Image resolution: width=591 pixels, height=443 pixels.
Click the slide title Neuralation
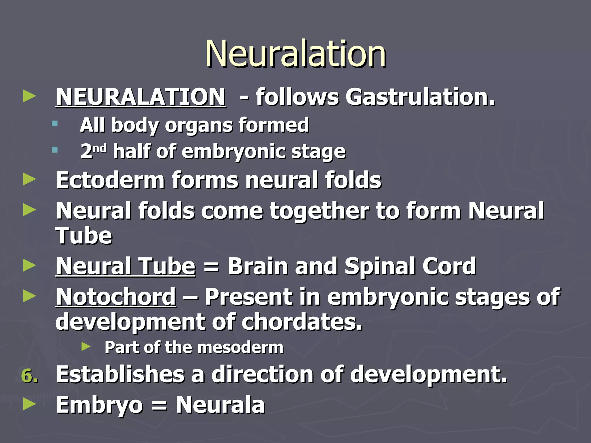tap(295, 54)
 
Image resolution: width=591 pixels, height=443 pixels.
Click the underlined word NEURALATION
tap(141, 97)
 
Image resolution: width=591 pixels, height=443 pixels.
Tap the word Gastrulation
tap(420, 97)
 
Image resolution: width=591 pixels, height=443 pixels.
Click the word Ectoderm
tap(110, 180)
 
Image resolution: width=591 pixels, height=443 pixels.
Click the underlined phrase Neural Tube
tap(126, 266)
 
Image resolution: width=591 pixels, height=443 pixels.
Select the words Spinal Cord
tap(410, 266)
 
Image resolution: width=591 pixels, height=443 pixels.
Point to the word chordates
tap(302, 322)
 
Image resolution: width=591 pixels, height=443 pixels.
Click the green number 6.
tap(29, 376)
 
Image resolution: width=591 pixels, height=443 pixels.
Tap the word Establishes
tap(120, 374)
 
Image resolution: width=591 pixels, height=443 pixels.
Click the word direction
tap(262, 374)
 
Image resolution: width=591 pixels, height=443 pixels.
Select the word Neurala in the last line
tap(220, 405)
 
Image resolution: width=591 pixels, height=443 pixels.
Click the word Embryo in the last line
tap(99, 405)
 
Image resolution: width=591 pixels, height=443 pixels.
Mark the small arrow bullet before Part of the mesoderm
tap(86, 347)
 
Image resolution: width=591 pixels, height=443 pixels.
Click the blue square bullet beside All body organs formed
tap(55, 124)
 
